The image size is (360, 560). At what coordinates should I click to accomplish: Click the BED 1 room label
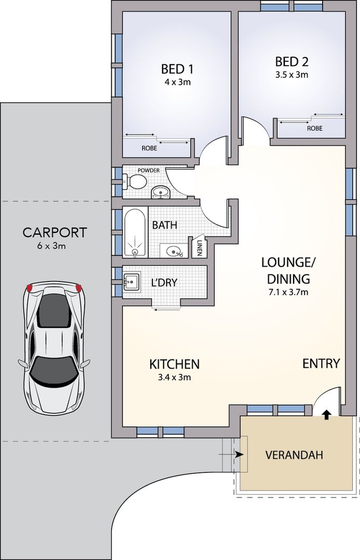[178, 68]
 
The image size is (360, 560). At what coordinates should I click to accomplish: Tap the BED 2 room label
[292, 62]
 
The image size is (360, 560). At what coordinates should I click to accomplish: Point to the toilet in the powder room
[136, 181]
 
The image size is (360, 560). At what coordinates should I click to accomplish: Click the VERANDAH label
[294, 455]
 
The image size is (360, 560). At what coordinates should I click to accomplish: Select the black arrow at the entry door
[327, 414]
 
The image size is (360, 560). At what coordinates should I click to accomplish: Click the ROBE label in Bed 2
[314, 128]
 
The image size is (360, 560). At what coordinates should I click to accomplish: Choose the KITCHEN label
[174, 364]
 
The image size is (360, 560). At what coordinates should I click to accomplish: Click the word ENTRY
[321, 363]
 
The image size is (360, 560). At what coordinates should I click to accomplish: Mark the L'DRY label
[164, 283]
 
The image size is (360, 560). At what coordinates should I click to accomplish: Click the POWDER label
[149, 170]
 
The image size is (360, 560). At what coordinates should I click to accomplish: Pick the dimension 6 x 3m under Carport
[51, 246]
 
